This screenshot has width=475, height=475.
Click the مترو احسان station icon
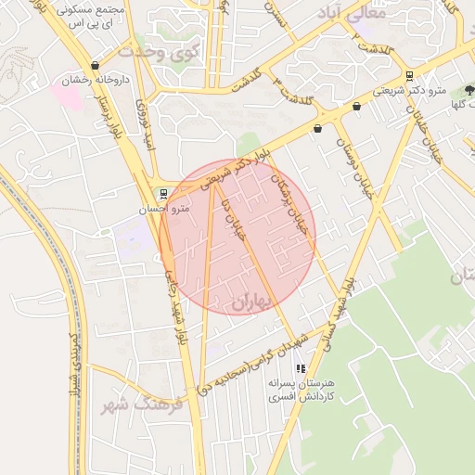(x=164, y=194)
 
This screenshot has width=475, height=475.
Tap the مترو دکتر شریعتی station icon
(x=410, y=75)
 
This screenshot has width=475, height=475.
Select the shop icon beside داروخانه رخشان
(x=36, y=81)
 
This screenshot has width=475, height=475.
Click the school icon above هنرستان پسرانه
(x=299, y=368)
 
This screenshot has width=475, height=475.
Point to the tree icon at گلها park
(x=469, y=91)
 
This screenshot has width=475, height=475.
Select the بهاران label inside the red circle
(x=248, y=302)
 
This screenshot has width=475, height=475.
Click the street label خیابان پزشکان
(x=289, y=190)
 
